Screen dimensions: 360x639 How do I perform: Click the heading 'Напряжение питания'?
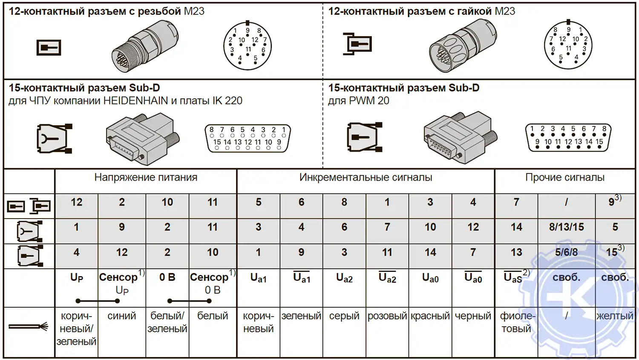(146, 178)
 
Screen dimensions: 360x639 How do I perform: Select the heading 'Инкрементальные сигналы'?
(366, 178)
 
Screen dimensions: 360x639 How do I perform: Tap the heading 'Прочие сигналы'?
(564, 178)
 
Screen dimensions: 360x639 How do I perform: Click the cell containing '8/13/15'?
(566, 227)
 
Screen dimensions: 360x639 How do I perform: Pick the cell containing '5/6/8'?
(566, 252)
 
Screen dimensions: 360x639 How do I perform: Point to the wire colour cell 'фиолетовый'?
(516, 322)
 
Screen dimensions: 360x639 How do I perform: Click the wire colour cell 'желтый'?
(615, 316)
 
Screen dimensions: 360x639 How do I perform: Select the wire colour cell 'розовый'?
(387, 316)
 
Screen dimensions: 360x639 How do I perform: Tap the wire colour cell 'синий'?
(122, 316)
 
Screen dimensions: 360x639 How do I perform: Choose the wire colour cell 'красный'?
(430, 316)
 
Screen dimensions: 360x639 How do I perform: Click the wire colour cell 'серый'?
(344, 316)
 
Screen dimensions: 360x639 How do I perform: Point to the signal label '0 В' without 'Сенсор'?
(167, 277)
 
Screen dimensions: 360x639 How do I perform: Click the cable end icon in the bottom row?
(28, 327)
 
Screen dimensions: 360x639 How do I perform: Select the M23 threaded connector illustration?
(145, 46)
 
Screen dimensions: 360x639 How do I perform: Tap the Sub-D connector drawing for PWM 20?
(460, 137)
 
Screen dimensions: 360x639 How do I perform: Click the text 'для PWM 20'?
(358, 101)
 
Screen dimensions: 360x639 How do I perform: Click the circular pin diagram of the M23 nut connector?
(568, 45)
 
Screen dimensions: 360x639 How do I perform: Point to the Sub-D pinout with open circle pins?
(248, 138)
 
